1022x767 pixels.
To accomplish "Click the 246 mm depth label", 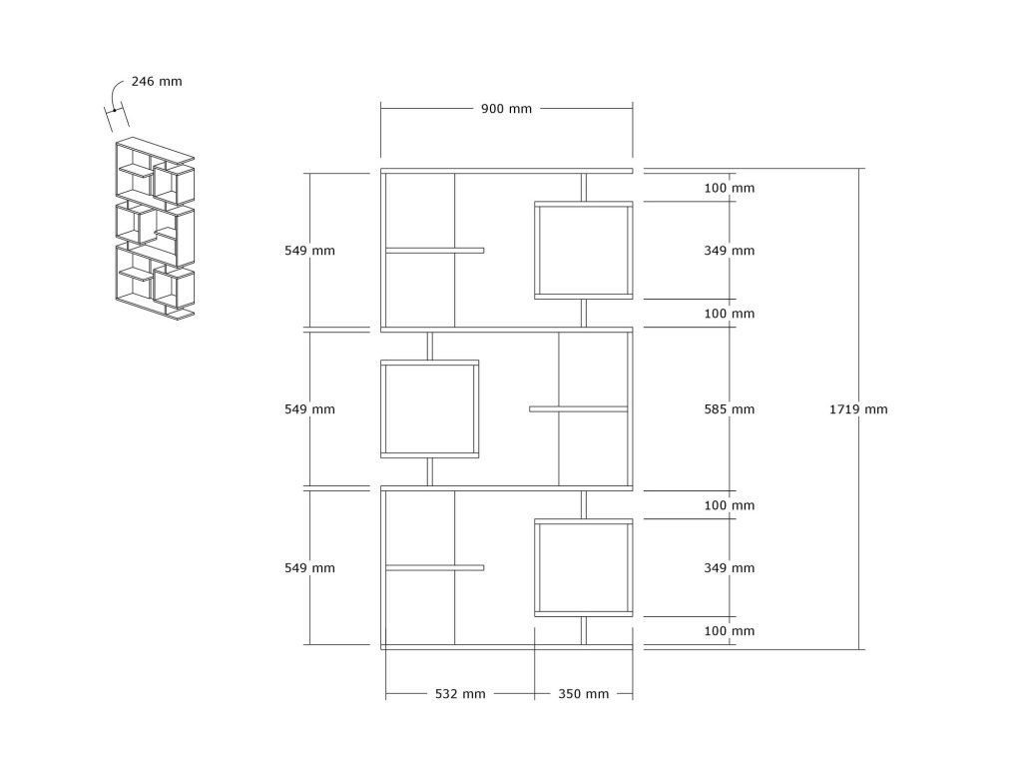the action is click(156, 82).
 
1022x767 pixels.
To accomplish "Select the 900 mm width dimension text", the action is click(506, 109).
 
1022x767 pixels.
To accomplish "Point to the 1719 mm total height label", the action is click(858, 409).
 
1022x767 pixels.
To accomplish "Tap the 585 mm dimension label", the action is click(729, 409).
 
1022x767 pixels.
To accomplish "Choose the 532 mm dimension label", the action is click(459, 694).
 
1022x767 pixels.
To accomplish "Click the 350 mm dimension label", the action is click(583, 694).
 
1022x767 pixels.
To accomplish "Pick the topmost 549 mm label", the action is click(309, 251).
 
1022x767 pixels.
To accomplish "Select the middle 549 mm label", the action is click(309, 409).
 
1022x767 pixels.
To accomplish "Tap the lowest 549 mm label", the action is click(309, 568).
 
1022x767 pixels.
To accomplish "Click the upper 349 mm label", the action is click(729, 251).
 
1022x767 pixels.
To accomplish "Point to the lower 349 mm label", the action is click(729, 568).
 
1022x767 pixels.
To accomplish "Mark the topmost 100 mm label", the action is click(729, 188).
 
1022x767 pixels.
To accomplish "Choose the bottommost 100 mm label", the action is click(729, 631).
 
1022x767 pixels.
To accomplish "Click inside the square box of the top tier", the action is click(583, 251).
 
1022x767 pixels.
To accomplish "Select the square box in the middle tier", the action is click(430, 409).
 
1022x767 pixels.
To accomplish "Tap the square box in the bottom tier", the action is click(583, 568).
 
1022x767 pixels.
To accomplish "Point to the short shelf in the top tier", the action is click(434, 251).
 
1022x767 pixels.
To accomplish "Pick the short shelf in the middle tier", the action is click(579, 408).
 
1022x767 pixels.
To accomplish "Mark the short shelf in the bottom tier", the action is click(434, 568).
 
